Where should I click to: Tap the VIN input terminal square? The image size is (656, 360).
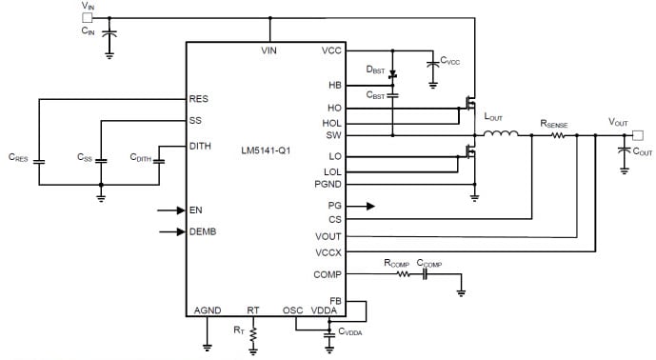coord(88,17)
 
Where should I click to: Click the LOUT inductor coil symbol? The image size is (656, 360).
coord(501,134)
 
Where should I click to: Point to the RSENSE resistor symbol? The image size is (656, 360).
coord(556,134)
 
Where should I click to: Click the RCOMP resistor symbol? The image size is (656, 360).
coord(403,273)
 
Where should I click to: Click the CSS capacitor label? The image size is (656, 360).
coord(86,158)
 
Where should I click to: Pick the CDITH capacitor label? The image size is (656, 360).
coord(140,158)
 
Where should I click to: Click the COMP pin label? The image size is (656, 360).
coord(327,274)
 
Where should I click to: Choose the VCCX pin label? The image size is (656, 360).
coord(327,251)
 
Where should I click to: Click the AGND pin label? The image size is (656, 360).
coord(207,310)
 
